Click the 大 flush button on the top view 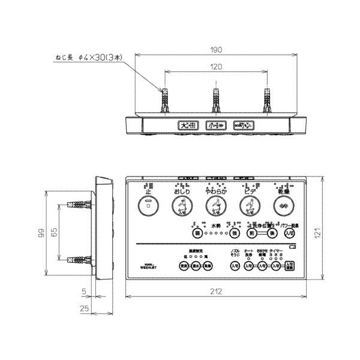[187, 125]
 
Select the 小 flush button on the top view [215, 125]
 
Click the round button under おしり [181, 207]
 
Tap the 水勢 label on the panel [215, 226]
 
